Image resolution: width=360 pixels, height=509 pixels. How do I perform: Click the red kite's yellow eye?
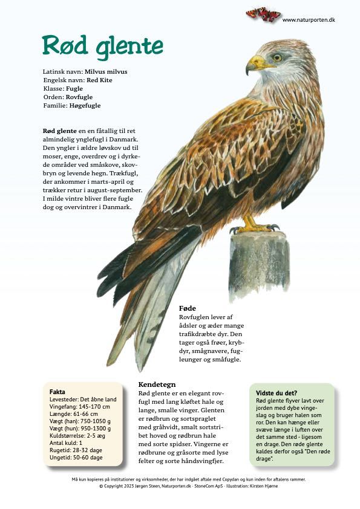277,57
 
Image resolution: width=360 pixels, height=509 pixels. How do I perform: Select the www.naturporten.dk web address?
309,20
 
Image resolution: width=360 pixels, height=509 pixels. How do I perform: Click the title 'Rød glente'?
102,46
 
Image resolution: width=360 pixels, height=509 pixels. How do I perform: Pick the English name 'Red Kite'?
99,80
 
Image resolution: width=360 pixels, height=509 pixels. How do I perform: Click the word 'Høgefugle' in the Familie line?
85,105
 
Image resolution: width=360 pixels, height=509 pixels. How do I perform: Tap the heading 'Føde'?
188,308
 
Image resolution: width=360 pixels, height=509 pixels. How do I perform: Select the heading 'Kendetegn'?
157,384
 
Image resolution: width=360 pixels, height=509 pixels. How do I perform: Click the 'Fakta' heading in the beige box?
57,392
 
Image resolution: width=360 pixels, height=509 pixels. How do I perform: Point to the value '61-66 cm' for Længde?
86,414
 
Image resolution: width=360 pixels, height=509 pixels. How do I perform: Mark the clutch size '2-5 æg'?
100,436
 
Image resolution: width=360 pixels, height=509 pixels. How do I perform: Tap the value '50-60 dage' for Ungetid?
88,458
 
